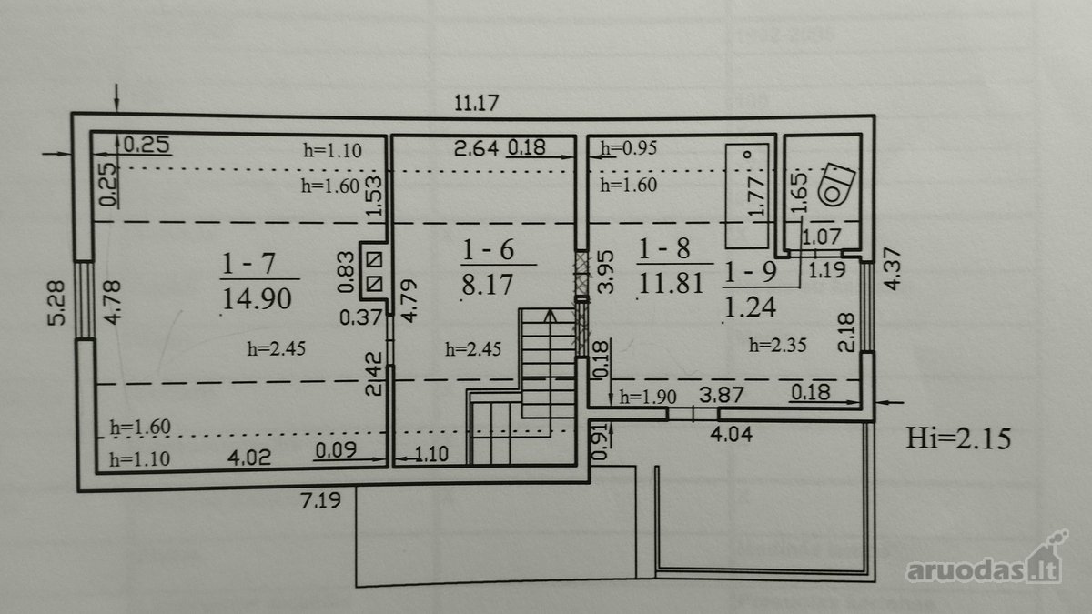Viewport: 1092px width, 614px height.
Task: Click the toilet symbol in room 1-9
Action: pos(837,185)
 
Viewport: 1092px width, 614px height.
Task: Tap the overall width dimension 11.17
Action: pos(476,103)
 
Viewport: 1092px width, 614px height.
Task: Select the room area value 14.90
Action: pos(257,298)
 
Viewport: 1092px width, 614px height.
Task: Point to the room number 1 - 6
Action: pos(488,249)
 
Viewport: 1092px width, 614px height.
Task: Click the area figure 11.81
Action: pos(671,283)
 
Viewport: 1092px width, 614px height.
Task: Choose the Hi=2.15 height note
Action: pos(958,438)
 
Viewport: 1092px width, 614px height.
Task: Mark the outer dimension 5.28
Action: pos(56,303)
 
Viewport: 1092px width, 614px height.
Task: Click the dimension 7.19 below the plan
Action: pos(320,500)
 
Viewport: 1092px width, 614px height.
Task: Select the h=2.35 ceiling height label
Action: pos(777,345)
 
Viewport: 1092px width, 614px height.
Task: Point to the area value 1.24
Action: pos(750,307)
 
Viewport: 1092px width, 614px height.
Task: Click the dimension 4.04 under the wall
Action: pos(731,434)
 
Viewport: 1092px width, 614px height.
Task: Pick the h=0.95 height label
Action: pos(629,147)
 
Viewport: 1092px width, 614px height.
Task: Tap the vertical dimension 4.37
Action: pos(892,268)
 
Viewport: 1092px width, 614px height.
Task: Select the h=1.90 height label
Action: pos(647,397)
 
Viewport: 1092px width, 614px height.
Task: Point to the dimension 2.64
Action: pos(476,148)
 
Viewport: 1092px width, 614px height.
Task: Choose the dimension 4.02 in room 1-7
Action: pos(249,458)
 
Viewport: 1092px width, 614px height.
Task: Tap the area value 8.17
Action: pos(488,284)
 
